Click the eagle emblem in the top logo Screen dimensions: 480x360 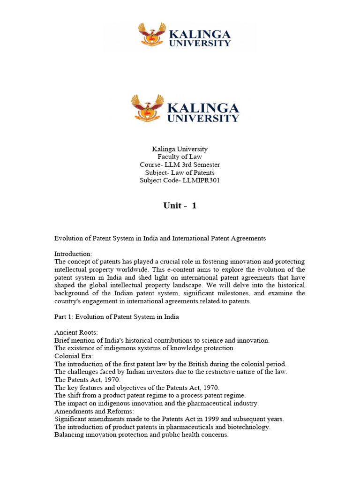[152, 35]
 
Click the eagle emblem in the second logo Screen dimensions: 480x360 [147, 107]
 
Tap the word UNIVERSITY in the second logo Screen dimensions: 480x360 [203, 118]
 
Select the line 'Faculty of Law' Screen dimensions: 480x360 [180, 157]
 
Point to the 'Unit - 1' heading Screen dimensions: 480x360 [180, 206]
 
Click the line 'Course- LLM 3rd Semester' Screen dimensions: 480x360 [180, 165]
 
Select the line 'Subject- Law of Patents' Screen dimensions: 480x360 [180, 172]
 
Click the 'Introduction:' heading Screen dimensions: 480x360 [73, 254]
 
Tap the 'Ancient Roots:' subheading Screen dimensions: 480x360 [76, 332]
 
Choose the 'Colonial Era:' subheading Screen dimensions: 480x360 [74, 356]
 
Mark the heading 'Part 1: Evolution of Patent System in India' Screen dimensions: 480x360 [116, 317]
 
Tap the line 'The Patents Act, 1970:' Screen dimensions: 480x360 [87, 380]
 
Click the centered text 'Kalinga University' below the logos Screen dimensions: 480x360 [180, 149]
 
